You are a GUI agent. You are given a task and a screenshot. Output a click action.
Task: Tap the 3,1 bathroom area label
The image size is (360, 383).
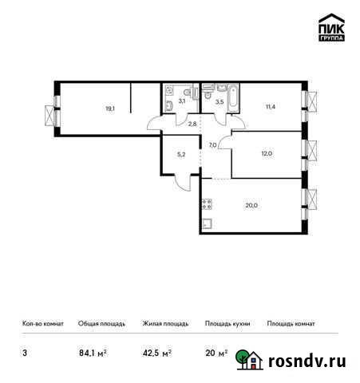click(x=182, y=101)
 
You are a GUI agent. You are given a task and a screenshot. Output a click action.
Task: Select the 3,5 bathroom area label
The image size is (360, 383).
click(x=208, y=101)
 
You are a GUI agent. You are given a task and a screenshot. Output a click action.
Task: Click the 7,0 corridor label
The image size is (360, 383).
click(x=213, y=144)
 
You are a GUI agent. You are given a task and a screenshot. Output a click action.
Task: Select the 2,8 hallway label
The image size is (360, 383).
click(x=191, y=124)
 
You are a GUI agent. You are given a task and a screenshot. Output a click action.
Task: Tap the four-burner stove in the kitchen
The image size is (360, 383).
click(x=207, y=203)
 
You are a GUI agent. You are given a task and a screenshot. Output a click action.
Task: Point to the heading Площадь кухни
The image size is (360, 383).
click(x=227, y=324)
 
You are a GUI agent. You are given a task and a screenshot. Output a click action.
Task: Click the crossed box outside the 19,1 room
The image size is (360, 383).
click(x=50, y=113)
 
